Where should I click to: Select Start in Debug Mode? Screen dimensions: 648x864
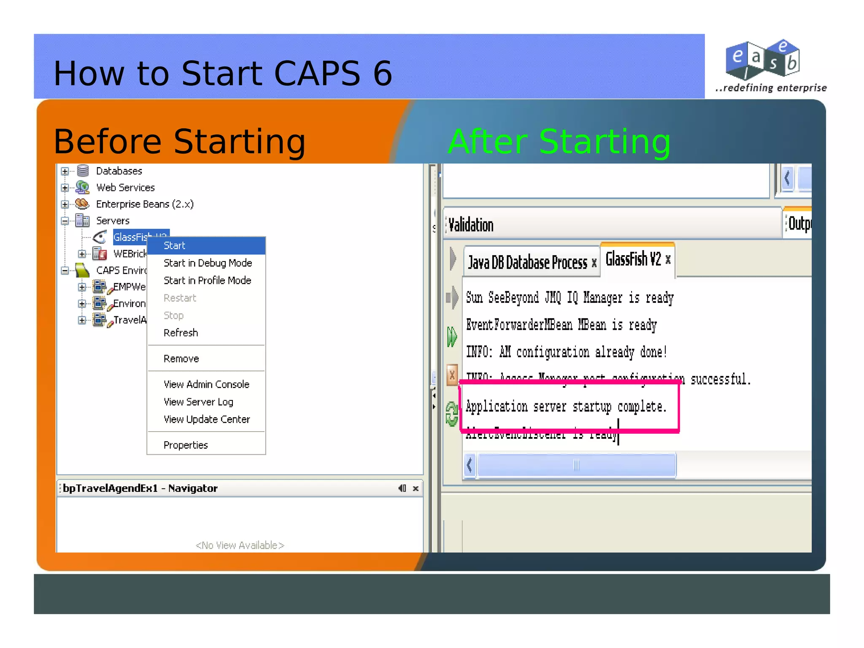click(208, 263)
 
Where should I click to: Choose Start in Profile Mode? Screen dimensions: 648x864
click(207, 281)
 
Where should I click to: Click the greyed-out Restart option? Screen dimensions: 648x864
click(180, 298)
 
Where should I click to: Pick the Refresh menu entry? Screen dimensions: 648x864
click(181, 333)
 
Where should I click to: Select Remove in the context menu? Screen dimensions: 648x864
click(181, 359)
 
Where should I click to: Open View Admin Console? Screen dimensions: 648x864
click(206, 384)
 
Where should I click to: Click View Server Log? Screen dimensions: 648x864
click(198, 402)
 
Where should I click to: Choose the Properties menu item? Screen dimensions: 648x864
click(186, 445)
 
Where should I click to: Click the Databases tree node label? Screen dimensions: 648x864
click(119, 171)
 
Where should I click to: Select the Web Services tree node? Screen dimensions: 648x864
click(125, 187)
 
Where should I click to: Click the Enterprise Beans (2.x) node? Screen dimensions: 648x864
click(145, 204)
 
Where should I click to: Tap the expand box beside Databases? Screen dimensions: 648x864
click(65, 171)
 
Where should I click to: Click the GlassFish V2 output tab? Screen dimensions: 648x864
click(633, 259)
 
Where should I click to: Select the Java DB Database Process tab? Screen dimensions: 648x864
click(527, 263)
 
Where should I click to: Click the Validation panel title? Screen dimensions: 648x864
click(471, 225)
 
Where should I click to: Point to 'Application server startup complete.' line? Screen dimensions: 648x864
click(566, 407)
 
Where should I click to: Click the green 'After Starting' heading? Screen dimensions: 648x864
click(559, 142)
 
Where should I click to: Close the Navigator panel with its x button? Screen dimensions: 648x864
click(416, 489)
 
